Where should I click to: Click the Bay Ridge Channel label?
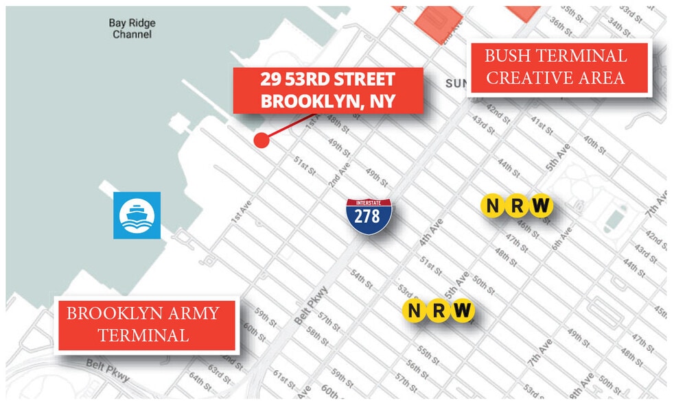(132, 28)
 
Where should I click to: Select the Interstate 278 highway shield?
(369, 217)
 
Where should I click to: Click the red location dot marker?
(261, 141)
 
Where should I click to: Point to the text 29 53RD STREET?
(327, 78)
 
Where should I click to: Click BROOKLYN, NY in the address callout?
(328, 101)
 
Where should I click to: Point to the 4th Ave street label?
(432, 232)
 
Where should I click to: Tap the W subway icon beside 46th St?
(542, 205)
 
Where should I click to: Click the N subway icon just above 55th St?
(413, 310)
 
